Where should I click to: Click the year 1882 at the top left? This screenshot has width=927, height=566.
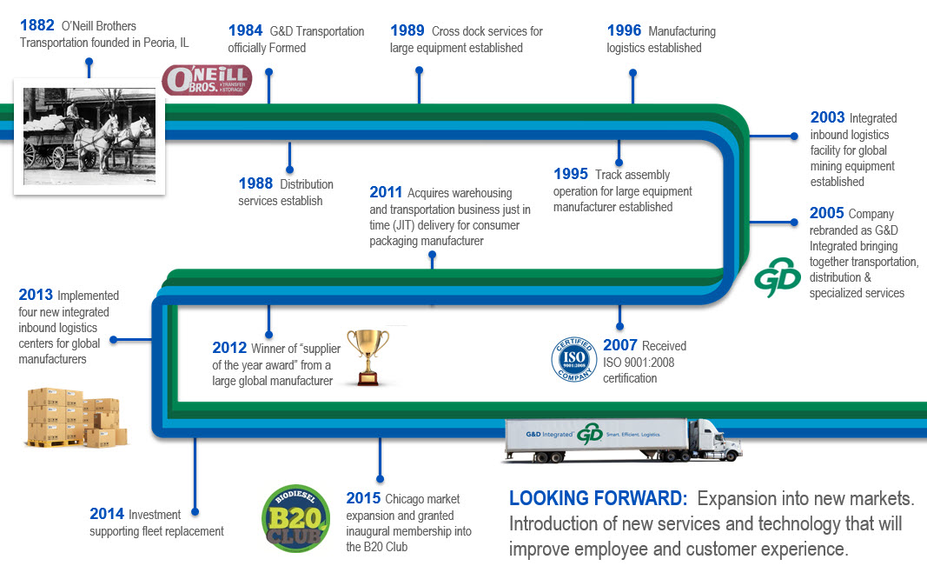point(37,25)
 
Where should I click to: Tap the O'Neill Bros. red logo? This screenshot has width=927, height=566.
point(207,80)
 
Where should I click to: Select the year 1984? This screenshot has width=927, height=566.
point(245,30)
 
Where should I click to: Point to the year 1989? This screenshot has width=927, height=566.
point(407,30)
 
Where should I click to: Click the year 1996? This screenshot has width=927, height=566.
point(625,30)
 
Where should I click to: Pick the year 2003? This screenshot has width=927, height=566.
point(828,117)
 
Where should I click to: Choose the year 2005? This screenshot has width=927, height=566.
point(826,213)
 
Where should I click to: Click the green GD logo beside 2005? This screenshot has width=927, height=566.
point(778,276)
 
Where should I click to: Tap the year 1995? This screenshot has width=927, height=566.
point(571,174)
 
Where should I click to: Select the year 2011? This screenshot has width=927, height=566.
point(386,192)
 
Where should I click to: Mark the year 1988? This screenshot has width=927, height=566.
point(255,183)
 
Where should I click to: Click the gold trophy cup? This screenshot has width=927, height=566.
point(368,357)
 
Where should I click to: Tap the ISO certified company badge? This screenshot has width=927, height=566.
point(573,359)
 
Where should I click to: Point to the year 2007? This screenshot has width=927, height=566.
point(620,345)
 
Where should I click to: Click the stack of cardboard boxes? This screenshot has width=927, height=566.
point(76,417)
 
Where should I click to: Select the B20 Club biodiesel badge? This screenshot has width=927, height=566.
point(295,519)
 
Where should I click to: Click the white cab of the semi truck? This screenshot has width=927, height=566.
point(714,440)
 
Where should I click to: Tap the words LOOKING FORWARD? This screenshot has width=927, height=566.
point(599,498)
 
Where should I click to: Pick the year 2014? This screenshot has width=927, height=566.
point(106,513)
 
